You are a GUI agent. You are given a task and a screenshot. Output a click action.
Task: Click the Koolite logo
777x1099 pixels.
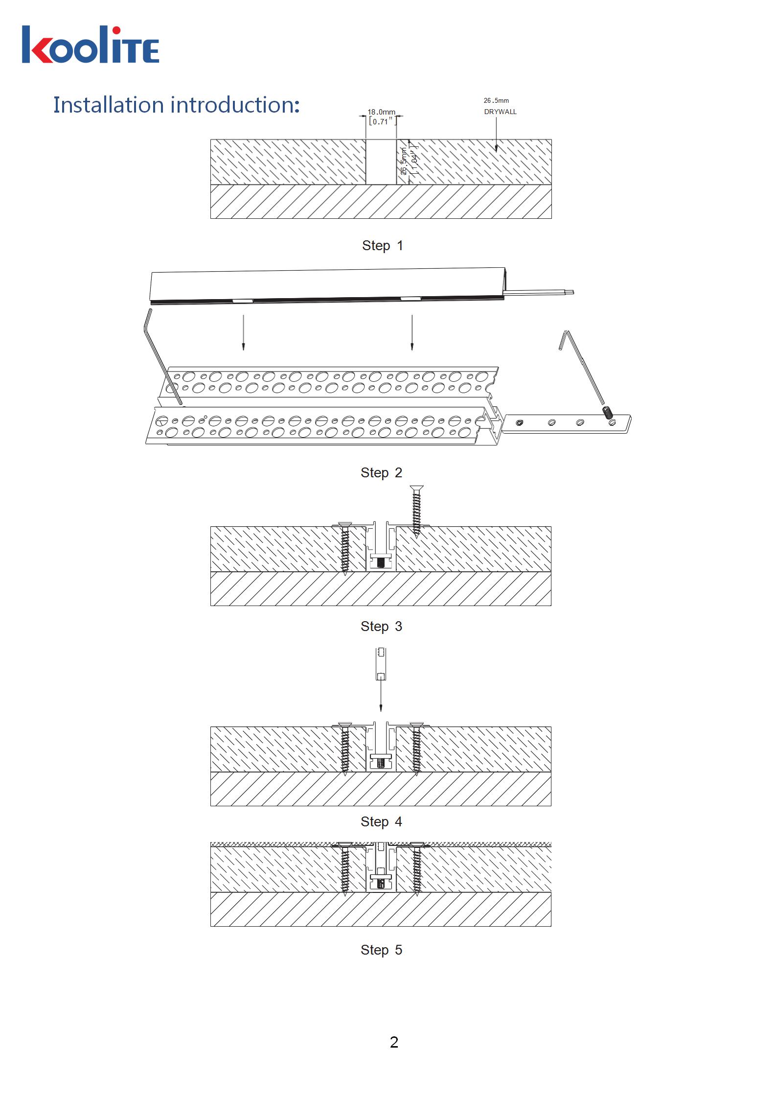click(91, 45)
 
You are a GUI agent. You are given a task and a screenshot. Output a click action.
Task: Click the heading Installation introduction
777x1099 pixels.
click(177, 105)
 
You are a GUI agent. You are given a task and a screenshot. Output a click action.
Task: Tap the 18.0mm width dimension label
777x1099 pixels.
click(382, 112)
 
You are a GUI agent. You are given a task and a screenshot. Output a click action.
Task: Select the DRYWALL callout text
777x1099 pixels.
click(500, 112)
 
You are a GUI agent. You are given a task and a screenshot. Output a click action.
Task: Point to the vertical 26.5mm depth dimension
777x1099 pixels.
click(404, 162)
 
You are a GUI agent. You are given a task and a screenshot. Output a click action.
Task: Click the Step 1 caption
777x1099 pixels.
click(383, 245)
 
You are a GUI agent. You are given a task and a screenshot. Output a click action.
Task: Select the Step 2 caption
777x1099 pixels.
click(382, 472)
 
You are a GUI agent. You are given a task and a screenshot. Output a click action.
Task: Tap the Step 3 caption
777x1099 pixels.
click(382, 626)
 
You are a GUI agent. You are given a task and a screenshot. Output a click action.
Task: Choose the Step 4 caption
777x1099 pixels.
click(382, 821)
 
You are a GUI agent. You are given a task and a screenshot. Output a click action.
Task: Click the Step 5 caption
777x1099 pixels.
click(382, 950)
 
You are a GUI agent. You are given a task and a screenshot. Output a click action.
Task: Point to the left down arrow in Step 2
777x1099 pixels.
click(243, 332)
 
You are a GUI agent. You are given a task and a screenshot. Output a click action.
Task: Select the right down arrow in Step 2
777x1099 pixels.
click(412, 332)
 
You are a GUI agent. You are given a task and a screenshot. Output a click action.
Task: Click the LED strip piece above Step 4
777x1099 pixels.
click(381, 664)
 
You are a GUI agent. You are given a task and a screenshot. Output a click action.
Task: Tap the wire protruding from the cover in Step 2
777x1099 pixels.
click(539, 292)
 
